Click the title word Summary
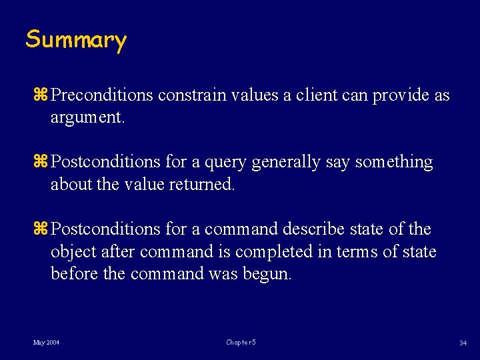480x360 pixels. (x=75, y=40)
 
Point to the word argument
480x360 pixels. (x=87, y=119)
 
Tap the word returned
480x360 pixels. (x=205, y=185)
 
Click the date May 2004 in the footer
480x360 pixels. (x=46, y=343)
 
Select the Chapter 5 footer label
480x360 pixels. (x=241, y=343)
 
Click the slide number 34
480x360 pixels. (x=462, y=343)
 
